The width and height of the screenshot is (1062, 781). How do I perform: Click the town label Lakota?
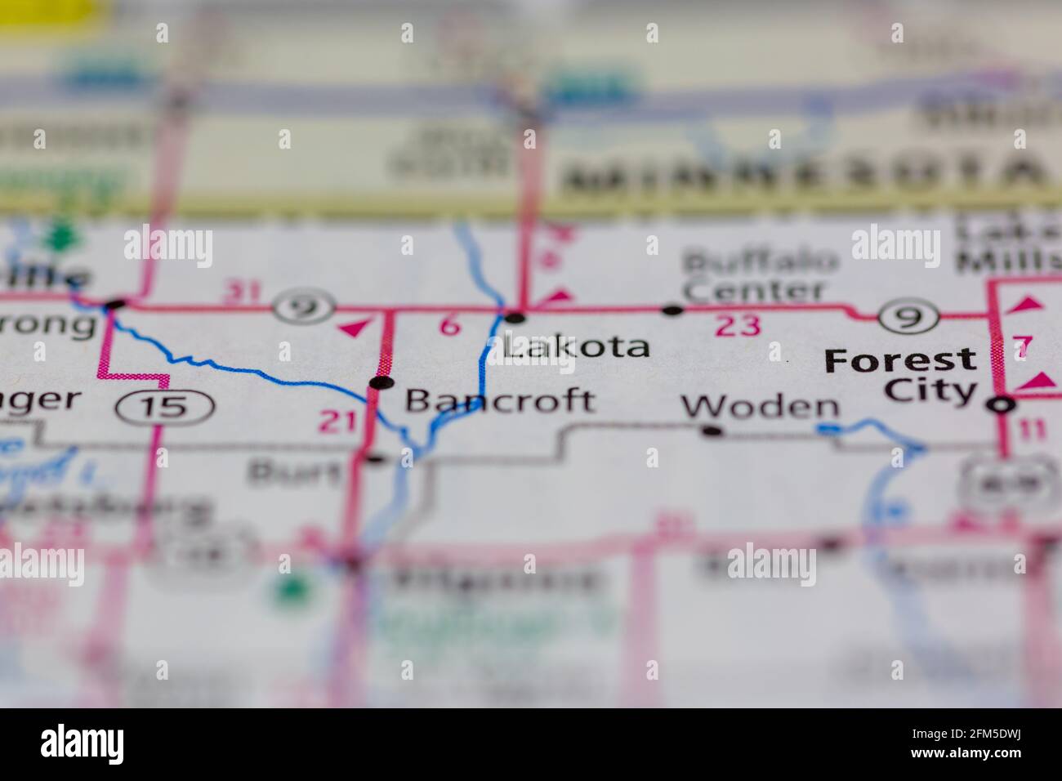pos(577,346)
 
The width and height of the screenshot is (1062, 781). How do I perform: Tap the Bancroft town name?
pos(500,400)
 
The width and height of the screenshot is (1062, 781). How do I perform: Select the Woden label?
pos(760,406)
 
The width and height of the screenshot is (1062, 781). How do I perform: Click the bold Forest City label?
pos(901,375)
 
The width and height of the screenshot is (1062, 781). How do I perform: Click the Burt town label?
pos(294,471)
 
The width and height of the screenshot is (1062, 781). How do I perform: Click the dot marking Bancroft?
pos(377,382)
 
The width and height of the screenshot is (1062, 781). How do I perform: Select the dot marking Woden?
pos(713,431)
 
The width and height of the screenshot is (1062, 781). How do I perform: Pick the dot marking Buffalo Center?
pos(672,310)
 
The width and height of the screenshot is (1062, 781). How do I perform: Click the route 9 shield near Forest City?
pos(907,316)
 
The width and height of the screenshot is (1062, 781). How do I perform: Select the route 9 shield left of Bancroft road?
pos(304,307)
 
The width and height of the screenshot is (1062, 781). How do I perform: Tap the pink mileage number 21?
pos(337,422)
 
